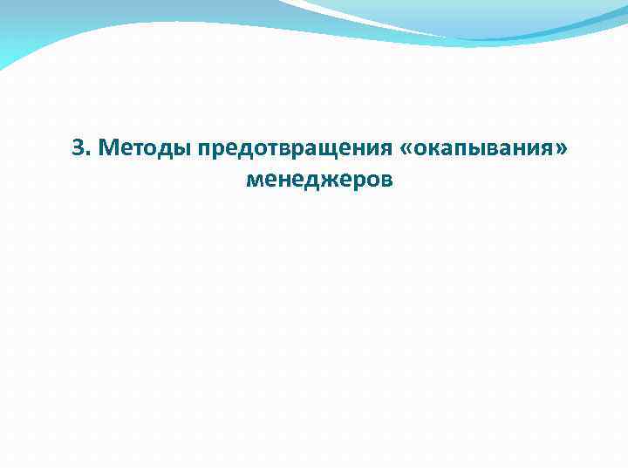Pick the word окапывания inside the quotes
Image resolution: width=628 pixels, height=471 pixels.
(x=480, y=148)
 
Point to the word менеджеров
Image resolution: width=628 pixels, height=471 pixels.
(x=320, y=181)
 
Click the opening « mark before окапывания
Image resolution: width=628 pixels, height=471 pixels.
(x=406, y=149)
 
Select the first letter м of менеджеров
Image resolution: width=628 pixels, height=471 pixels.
(x=255, y=181)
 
